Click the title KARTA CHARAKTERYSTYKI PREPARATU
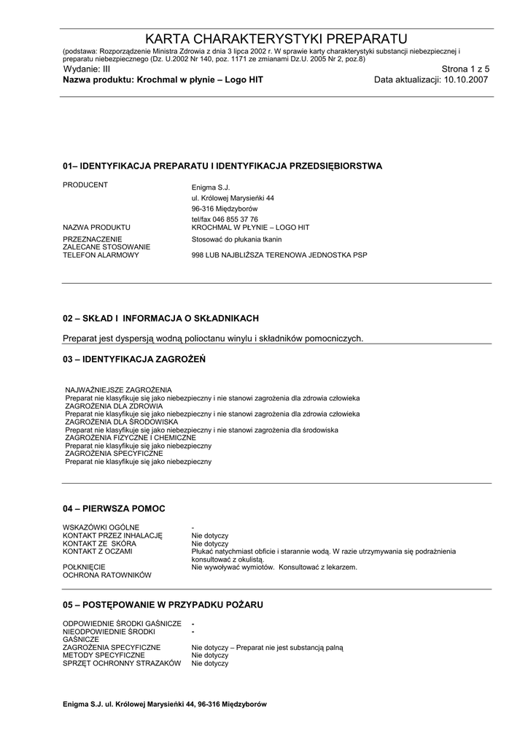276,39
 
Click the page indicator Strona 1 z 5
465,69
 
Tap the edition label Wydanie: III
86,69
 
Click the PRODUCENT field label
85,185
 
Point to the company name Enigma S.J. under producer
210,187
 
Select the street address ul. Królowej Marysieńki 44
233,198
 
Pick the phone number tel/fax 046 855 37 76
225,219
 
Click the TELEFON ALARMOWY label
101,255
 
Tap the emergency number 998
198,255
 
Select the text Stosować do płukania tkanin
236,239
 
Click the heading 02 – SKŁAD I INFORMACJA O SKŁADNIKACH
160,319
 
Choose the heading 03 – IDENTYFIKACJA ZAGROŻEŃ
134,359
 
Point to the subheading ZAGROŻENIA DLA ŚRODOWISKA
122,422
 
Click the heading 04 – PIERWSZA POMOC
114,508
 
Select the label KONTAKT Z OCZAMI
98,551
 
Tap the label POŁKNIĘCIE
84,567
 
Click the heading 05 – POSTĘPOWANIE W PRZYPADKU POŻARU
163,605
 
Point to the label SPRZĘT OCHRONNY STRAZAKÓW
121,663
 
